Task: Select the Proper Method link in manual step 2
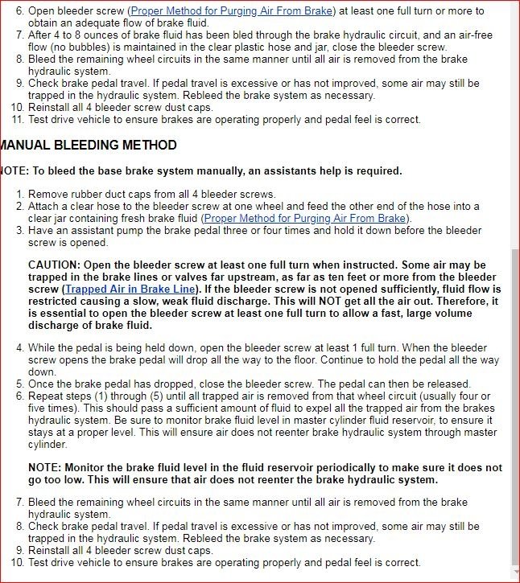click(305, 218)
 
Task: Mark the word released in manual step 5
click(448, 384)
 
